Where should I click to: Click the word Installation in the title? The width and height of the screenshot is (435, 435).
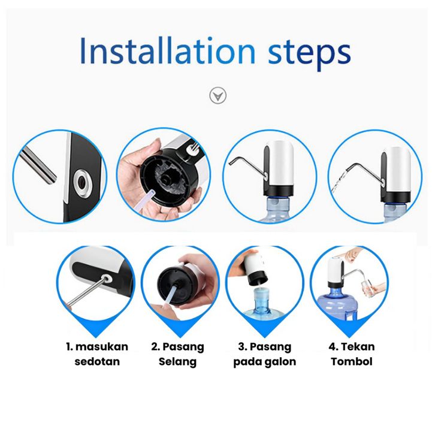167,52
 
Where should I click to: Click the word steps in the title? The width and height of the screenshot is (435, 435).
309,55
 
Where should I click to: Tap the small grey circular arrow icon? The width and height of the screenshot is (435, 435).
217,96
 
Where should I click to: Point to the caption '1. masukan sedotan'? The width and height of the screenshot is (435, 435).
97,354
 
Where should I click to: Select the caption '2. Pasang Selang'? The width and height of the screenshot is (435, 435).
177,355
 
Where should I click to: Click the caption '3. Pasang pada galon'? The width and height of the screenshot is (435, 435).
265,355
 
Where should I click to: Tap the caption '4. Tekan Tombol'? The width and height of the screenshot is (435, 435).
352,354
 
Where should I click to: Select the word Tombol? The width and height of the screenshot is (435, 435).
352,361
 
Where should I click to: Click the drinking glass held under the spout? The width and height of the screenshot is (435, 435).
367,289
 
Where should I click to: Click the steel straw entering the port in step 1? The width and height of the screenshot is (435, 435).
86,292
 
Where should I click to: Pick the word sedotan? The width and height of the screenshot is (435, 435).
97,361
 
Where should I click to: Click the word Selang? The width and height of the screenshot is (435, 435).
177,362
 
